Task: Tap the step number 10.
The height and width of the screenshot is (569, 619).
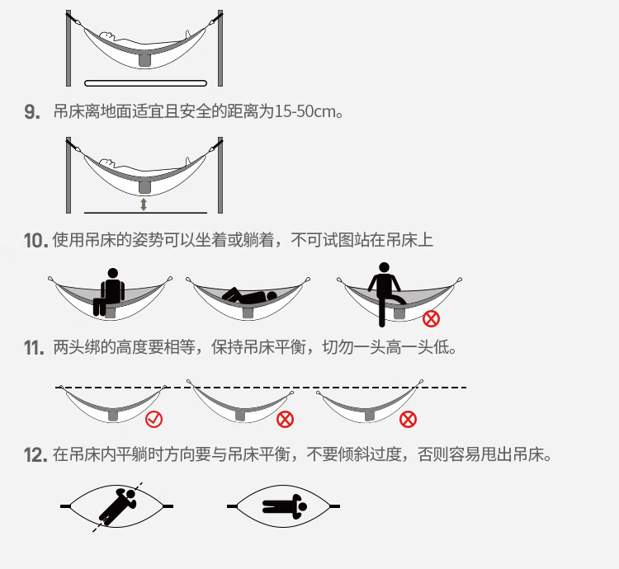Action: [x=35, y=241]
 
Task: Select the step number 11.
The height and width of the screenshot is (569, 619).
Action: [x=33, y=348]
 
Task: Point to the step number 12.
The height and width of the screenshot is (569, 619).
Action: [x=34, y=455]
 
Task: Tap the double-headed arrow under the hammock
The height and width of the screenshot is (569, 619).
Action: [x=144, y=205]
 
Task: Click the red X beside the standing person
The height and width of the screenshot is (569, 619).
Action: [x=431, y=318]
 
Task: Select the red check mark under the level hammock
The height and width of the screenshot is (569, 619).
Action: [x=154, y=420]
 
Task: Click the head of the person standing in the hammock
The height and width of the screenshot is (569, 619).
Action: [x=383, y=268]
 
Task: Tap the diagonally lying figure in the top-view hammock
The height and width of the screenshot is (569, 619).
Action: [x=116, y=505]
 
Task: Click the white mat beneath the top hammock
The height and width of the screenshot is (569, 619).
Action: [x=145, y=82]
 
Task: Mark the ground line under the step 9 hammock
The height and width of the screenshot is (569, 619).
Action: [x=144, y=213]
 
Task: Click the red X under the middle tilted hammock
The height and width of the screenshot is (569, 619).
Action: [x=285, y=420]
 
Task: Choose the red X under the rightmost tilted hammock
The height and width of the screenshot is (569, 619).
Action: [x=408, y=420]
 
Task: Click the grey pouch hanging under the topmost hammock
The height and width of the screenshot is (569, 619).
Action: [x=144, y=59]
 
